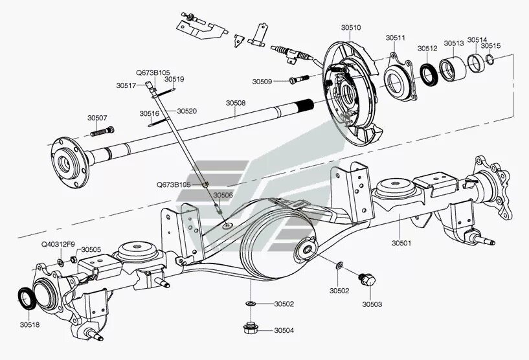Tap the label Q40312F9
click(x=58, y=244)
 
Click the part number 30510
click(x=350, y=28)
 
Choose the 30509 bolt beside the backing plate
click(x=297, y=80)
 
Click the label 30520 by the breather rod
click(x=186, y=111)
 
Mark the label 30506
click(x=223, y=195)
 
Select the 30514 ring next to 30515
click(x=477, y=63)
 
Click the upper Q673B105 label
click(x=152, y=73)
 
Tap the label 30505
click(x=91, y=249)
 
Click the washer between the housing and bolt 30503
click(x=339, y=265)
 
